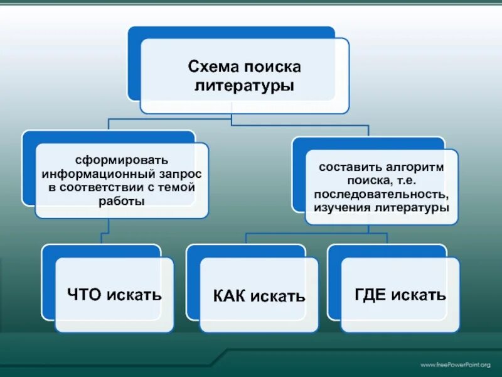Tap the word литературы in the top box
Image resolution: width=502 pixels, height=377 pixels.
[244, 84]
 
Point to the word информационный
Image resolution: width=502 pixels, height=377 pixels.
[93, 173]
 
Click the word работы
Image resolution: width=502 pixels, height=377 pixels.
[122, 202]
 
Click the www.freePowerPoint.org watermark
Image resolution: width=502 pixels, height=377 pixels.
[454, 365]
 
